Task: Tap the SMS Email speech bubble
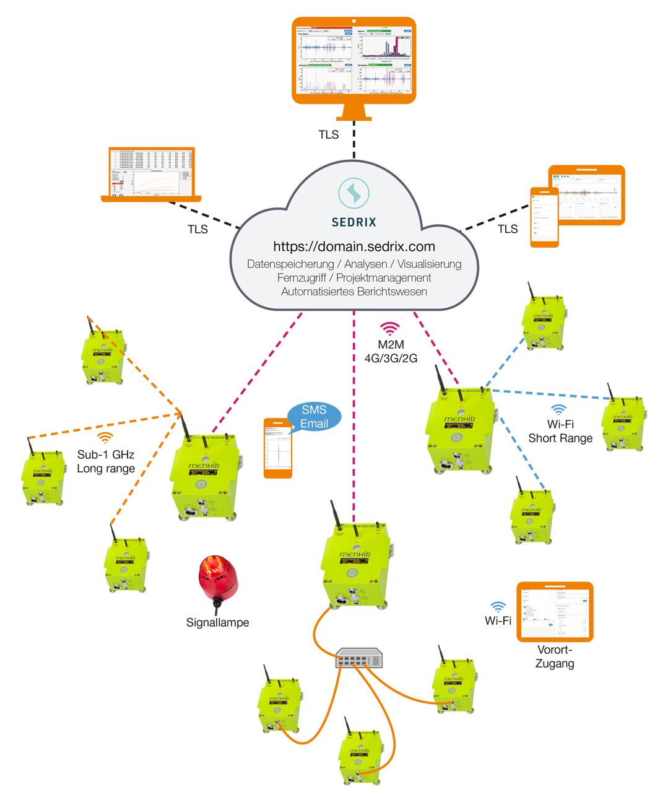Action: [x=314, y=417]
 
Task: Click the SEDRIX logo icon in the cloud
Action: [x=354, y=193]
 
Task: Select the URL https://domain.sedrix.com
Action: [x=354, y=246]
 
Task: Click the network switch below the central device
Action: [x=359, y=658]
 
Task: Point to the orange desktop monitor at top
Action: [x=354, y=62]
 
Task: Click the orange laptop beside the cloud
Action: [x=152, y=175]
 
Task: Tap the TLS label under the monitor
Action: [x=329, y=134]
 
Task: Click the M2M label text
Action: [x=391, y=345]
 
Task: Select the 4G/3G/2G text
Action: [x=391, y=359]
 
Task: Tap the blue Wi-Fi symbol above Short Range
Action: [x=559, y=409]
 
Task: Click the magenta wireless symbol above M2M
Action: [x=389, y=328]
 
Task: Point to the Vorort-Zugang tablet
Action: [x=555, y=612]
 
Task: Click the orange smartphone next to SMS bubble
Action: [x=278, y=448]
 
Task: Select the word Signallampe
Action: [x=217, y=622]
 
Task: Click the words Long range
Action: [x=106, y=468]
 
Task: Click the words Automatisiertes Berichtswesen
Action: [x=354, y=292]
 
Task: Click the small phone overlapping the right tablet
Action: [x=544, y=217]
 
